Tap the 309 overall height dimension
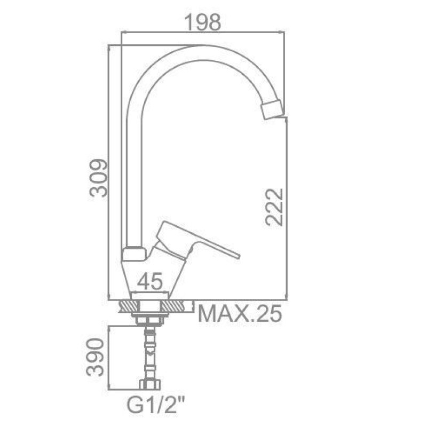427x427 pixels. (99, 178)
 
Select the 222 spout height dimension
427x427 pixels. (274, 207)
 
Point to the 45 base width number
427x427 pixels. (150, 281)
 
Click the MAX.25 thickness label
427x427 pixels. (240, 313)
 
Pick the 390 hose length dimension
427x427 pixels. (95, 357)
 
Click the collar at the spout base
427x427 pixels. (133, 254)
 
